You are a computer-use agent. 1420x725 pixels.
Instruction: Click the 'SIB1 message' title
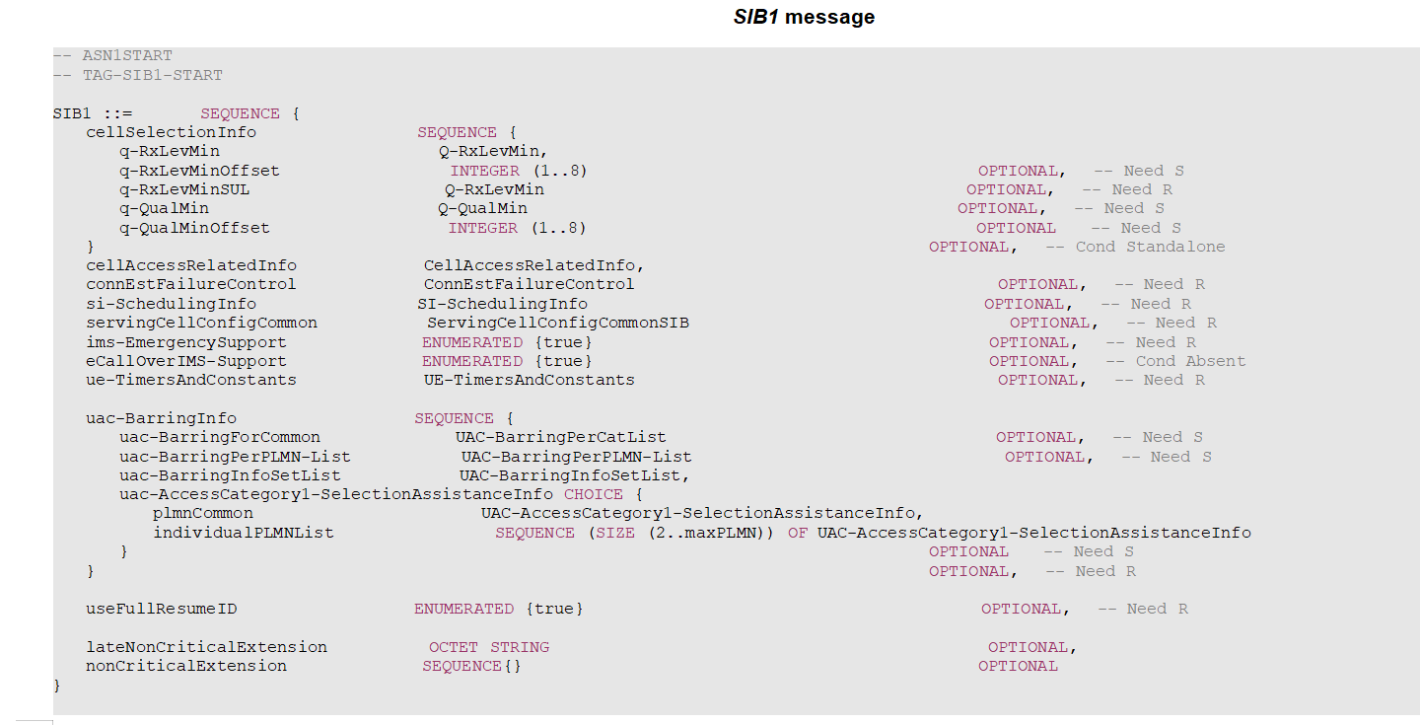coord(804,17)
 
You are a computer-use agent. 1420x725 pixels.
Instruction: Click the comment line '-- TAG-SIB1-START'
coord(138,75)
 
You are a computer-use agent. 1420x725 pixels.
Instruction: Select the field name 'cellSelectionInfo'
coord(171,132)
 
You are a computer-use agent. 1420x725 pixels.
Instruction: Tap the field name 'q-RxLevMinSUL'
coord(179,189)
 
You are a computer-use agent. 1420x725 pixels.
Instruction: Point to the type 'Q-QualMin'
coord(482,208)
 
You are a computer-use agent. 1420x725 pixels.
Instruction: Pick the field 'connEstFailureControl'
coord(190,284)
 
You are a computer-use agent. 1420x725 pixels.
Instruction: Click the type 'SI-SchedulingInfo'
coord(502,304)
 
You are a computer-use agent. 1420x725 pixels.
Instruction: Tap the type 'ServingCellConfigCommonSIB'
coord(557,323)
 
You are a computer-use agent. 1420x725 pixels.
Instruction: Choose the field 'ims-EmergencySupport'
coord(186,342)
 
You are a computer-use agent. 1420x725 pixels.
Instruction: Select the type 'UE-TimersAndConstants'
coord(529,380)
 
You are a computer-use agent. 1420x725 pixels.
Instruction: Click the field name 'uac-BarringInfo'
coord(161,418)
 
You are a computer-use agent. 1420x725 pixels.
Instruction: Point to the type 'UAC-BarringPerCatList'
coord(560,437)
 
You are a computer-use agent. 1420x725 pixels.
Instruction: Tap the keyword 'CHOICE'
coord(594,494)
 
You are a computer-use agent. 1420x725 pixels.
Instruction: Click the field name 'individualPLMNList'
coord(244,533)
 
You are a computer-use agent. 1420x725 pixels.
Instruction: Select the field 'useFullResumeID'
coord(161,609)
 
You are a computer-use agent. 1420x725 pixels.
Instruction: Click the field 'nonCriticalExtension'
coord(186,666)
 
